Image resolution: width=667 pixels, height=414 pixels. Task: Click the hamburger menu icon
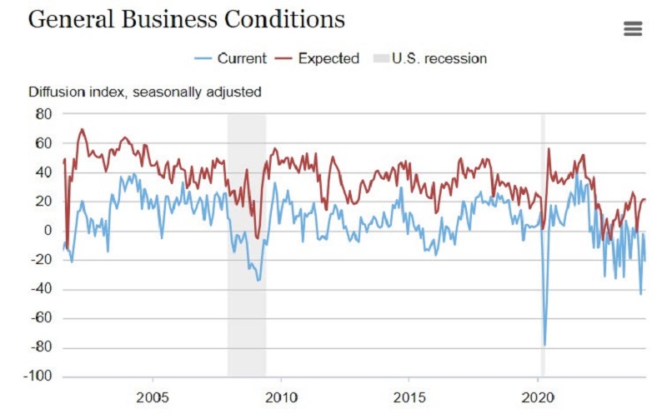click(633, 29)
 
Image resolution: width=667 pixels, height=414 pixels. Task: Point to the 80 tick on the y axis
click(43, 114)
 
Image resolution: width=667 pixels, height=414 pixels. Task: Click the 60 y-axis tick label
click(43, 143)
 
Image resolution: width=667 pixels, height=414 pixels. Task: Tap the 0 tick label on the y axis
click(48, 231)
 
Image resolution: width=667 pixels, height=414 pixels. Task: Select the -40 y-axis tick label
click(41, 289)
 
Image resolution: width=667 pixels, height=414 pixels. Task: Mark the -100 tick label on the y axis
click(38, 377)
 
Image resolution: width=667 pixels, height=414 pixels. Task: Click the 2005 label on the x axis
click(153, 395)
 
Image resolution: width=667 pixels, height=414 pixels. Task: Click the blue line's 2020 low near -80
click(544, 344)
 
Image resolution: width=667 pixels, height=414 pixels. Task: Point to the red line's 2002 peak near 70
click(82, 129)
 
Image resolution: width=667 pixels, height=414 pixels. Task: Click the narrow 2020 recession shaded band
click(543, 250)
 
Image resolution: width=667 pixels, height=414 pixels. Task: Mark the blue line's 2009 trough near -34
click(258, 280)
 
